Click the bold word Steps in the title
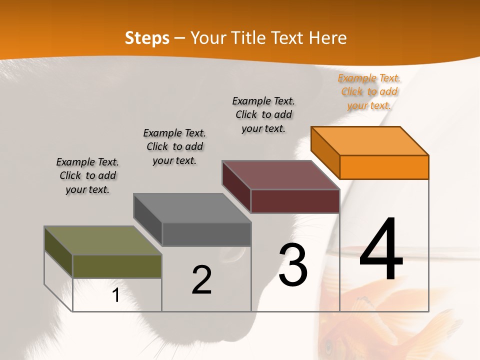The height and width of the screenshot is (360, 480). click(x=147, y=38)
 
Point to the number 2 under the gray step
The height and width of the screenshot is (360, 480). click(x=201, y=280)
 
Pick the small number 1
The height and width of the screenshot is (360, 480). click(x=116, y=295)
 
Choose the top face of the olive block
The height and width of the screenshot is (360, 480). click(x=103, y=240)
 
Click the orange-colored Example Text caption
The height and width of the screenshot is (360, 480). click(x=369, y=91)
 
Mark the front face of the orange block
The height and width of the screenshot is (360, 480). click(x=384, y=167)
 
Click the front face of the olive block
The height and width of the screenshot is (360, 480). click(x=117, y=266)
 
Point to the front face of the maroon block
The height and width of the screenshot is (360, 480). click(x=295, y=201)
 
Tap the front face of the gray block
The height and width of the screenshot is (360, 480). click(x=206, y=234)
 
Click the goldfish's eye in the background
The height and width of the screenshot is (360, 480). click(x=328, y=345)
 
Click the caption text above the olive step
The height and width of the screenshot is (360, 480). click(x=87, y=175)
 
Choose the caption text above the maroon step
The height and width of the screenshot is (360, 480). click(x=263, y=114)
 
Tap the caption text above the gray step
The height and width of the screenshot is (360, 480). click(x=174, y=146)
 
